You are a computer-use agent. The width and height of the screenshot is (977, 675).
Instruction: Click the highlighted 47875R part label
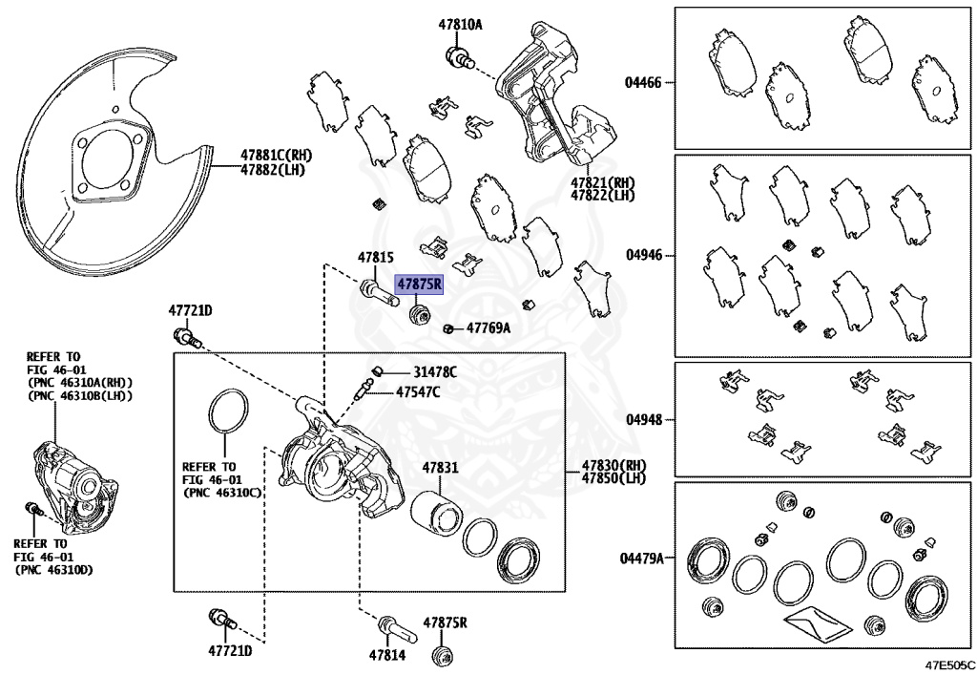pyautogui.click(x=420, y=284)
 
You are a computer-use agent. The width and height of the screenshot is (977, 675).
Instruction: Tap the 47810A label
pyautogui.click(x=461, y=24)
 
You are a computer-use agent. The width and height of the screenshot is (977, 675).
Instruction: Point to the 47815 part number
pyautogui.click(x=376, y=258)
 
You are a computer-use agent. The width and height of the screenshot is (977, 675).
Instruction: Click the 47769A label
pyautogui.click(x=488, y=328)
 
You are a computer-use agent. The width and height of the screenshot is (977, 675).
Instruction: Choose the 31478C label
pyautogui.click(x=435, y=371)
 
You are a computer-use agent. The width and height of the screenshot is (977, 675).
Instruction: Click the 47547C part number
pyautogui.click(x=419, y=391)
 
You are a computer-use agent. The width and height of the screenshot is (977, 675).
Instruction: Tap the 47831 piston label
pyautogui.click(x=442, y=468)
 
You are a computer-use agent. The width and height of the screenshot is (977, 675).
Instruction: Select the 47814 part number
pyautogui.click(x=387, y=656)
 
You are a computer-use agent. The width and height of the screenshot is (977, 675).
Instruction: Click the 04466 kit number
pyautogui.click(x=643, y=83)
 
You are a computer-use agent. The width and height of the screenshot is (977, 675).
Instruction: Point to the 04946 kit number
pyautogui.click(x=643, y=256)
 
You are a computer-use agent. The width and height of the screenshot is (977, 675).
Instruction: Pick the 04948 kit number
pyautogui.click(x=643, y=420)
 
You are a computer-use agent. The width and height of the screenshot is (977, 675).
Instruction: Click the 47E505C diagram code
pyautogui.click(x=947, y=664)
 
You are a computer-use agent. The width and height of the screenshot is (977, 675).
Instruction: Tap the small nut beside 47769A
pyautogui.click(x=448, y=330)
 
